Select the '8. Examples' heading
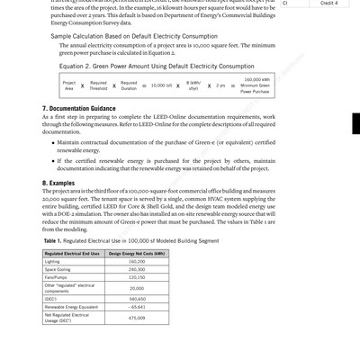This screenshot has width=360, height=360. click(x=60, y=183)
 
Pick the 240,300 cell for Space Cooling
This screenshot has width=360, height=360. click(x=138, y=269)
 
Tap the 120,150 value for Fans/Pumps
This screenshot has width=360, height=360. click(x=138, y=277)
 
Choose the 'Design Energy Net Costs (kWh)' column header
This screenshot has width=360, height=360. click(x=138, y=254)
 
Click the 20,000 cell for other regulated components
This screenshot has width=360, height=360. click(x=138, y=288)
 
